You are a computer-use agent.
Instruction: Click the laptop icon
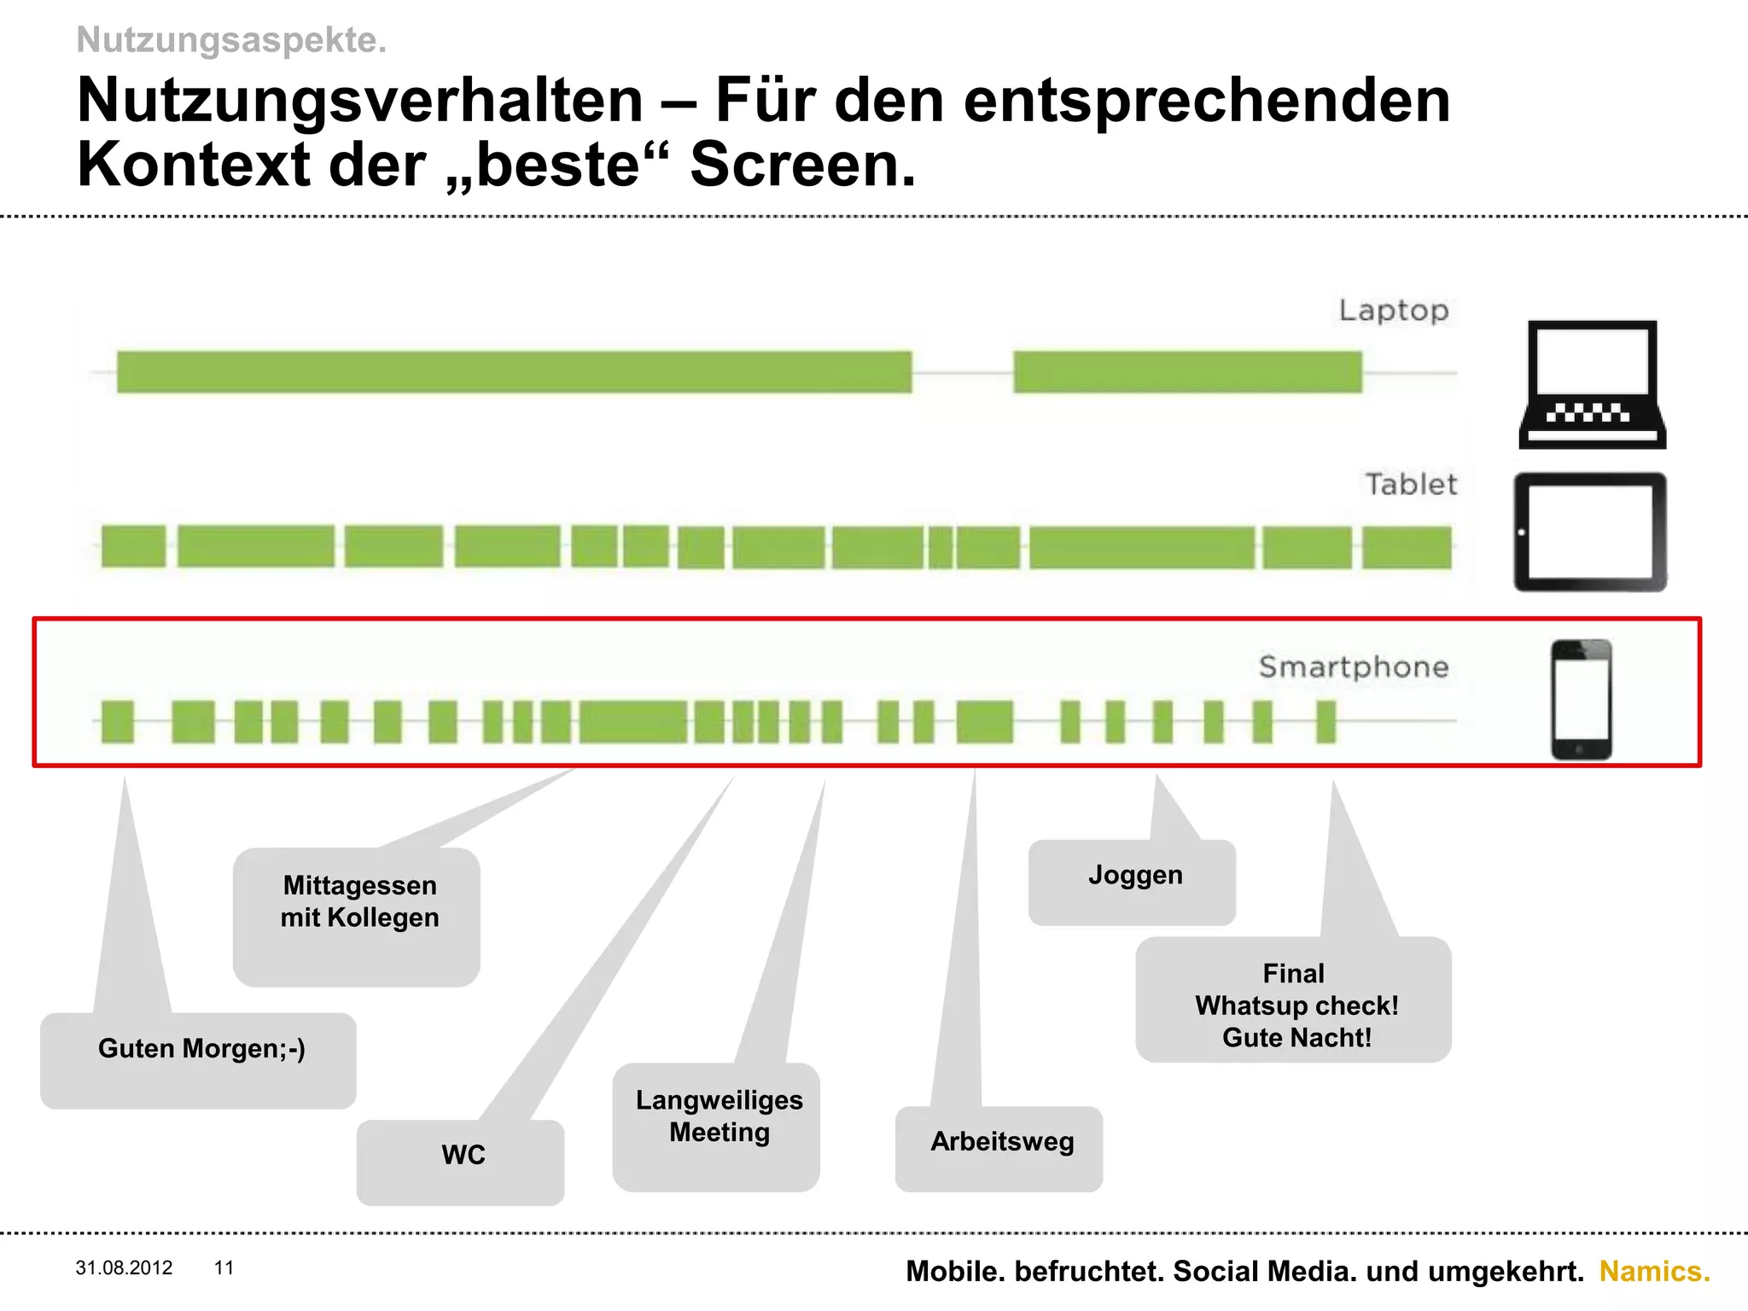pos(1592,384)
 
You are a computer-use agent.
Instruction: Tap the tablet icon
pos(1590,532)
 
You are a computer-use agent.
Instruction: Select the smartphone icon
pos(1581,699)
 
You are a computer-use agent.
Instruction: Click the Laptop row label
pos(1393,311)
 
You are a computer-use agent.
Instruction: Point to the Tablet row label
pos(1411,485)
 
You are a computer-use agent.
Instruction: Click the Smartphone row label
pos(1354,667)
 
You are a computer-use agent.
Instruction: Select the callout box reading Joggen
pos(1133,882)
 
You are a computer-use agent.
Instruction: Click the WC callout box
pos(461,1161)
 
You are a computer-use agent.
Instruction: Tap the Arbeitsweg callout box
pos(999,1148)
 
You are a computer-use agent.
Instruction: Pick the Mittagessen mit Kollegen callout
pos(357,916)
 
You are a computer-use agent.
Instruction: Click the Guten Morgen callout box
pos(198,1059)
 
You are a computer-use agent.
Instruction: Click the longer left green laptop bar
pos(514,372)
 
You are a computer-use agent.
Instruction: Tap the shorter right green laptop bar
pos(1187,372)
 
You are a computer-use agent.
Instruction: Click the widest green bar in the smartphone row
pos(632,721)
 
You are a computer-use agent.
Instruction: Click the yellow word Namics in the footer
pos(1654,1271)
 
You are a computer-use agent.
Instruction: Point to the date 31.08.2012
pos(124,1267)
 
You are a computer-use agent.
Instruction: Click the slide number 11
pos(224,1267)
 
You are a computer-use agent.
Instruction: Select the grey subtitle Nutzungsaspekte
pos(231,40)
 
